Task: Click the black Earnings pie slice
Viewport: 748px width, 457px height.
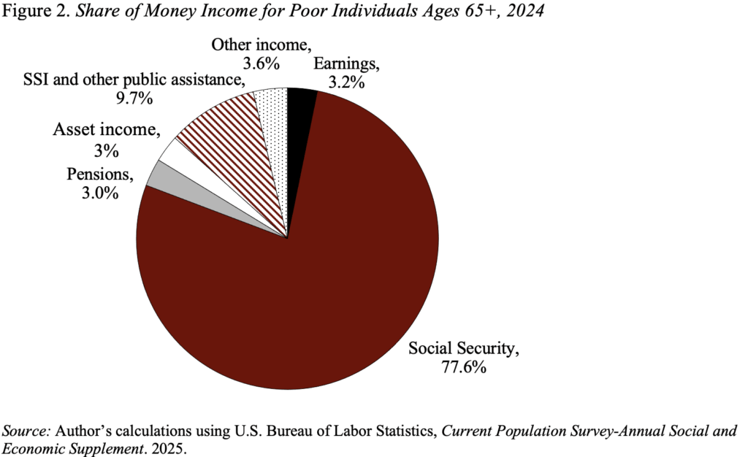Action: [x=300, y=102]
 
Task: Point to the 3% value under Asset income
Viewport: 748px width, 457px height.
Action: [x=105, y=151]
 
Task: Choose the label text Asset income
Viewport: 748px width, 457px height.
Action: [x=104, y=131]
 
